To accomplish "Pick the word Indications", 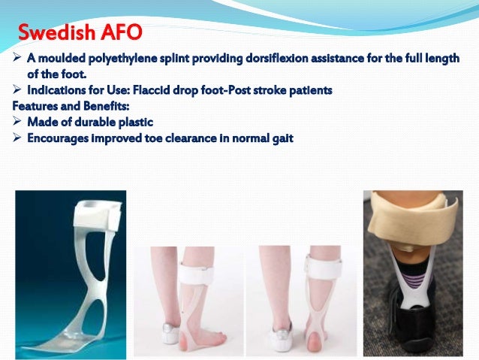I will tap(56, 90).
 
